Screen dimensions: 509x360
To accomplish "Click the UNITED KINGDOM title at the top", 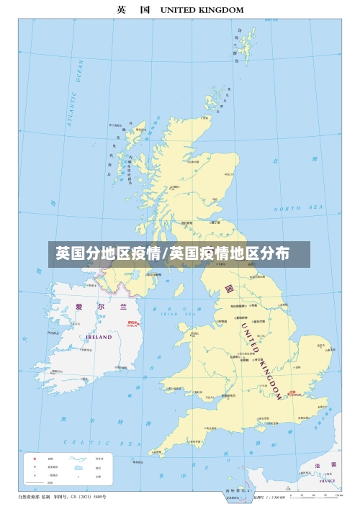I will (x=202, y=10).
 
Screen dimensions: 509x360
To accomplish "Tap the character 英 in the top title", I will (x=122, y=10).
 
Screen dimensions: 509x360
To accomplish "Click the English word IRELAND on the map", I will (x=99, y=337).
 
